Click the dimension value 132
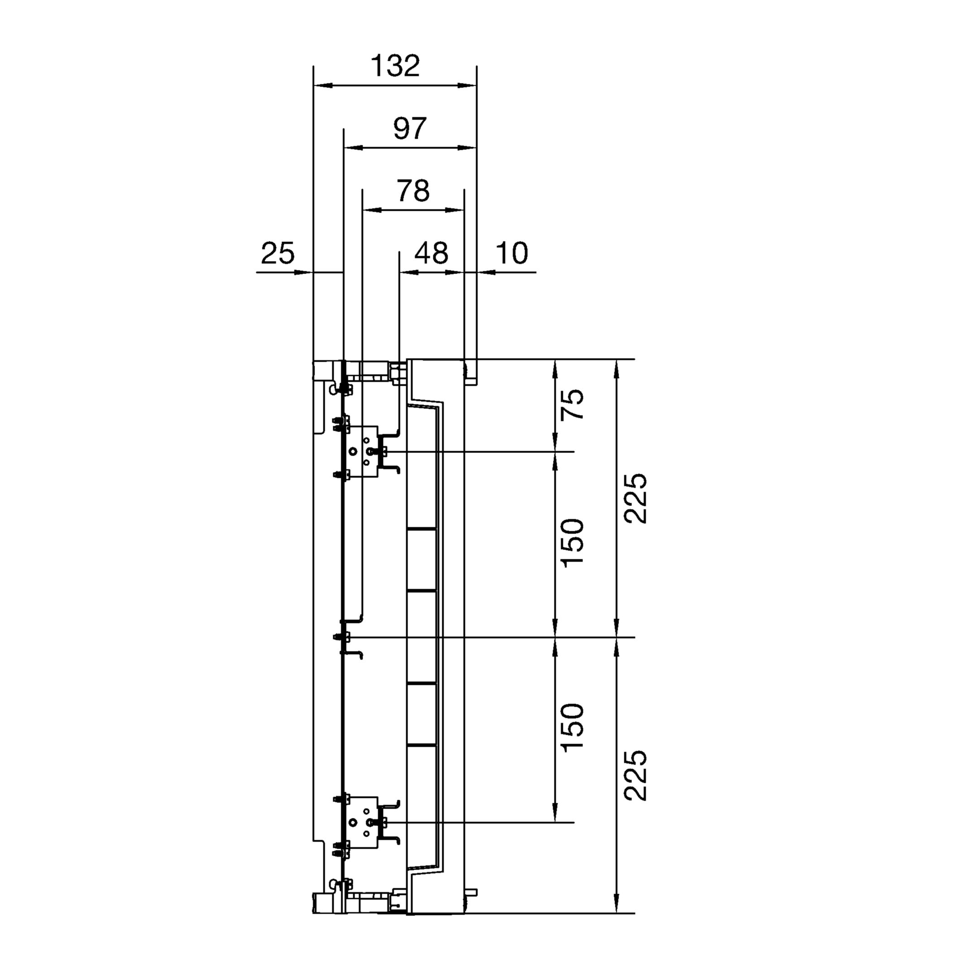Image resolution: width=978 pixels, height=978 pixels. point(395,66)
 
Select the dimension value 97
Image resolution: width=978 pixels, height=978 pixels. point(410,129)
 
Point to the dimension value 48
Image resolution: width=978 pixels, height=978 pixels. point(431,253)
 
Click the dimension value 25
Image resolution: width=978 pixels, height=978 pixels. point(278,253)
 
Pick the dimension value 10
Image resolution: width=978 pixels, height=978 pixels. point(512,253)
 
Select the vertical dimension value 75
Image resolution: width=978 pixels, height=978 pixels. point(572,404)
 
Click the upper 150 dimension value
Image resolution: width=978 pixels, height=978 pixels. point(572,543)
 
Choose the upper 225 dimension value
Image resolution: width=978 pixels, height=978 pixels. point(635,499)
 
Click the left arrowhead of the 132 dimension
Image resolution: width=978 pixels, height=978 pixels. point(323,86)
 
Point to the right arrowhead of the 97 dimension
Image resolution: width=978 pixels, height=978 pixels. point(467,148)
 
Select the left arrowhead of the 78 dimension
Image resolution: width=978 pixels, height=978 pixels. point(372,210)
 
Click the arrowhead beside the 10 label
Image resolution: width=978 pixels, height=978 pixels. point(486,272)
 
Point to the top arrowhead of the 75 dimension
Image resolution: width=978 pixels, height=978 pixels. point(555,369)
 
